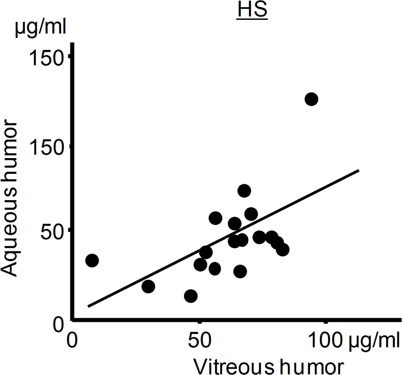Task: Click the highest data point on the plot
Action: [311, 99]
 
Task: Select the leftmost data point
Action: [92, 260]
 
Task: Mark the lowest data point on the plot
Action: [191, 296]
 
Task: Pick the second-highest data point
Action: [244, 191]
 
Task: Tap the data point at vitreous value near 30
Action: [148, 286]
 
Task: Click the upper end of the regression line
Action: [359, 170]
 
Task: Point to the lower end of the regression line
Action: [88, 306]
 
